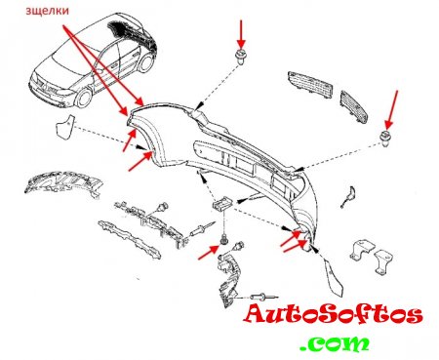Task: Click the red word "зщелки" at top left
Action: pyautogui.click(x=48, y=11)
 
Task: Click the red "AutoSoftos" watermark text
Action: pyautogui.click(x=333, y=314)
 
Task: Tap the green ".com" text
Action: pyautogui.click(x=335, y=343)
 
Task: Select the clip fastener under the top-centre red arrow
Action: pyautogui.click(x=241, y=57)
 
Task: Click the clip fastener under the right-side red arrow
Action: pyautogui.click(x=385, y=138)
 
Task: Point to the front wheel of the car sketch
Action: pyautogui.click(x=83, y=97)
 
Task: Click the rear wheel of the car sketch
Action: pyautogui.click(x=145, y=63)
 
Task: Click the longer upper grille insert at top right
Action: pyautogui.click(x=309, y=84)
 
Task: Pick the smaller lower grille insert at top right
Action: pyautogui.click(x=354, y=107)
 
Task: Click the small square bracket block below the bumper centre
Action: pyautogui.click(x=221, y=204)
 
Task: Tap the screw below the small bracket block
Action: pyautogui.click(x=223, y=240)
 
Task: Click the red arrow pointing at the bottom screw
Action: pyautogui.click(x=209, y=253)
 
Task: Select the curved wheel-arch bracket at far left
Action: pyautogui.click(x=63, y=183)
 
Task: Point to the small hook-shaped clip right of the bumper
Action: pyautogui.click(x=347, y=197)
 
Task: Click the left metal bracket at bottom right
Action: pyautogui.click(x=363, y=251)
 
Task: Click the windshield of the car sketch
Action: pyautogui.click(x=64, y=64)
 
